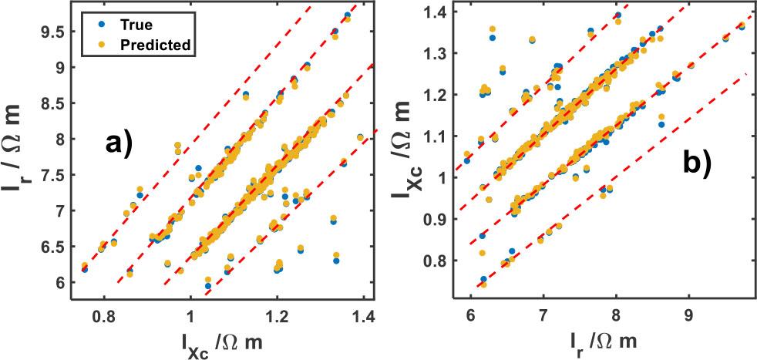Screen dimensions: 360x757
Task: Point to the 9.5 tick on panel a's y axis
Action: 53,32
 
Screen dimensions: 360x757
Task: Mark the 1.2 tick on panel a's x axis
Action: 278,316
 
